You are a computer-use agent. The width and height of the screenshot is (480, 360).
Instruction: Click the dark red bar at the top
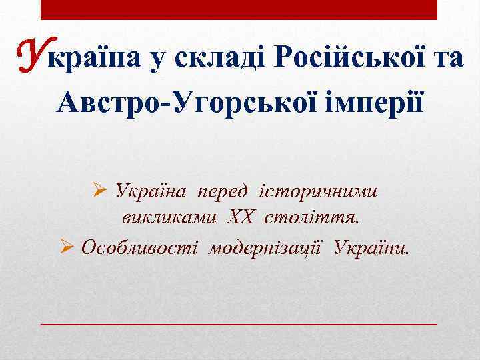point(239,9)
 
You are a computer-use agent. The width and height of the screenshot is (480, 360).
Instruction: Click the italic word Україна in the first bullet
point(149,191)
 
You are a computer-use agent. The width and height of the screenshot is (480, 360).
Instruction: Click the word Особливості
point(141,247)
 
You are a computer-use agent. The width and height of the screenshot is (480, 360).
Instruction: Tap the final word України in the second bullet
point(373,247)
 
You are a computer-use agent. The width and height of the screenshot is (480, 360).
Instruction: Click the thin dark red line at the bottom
point(239,323)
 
